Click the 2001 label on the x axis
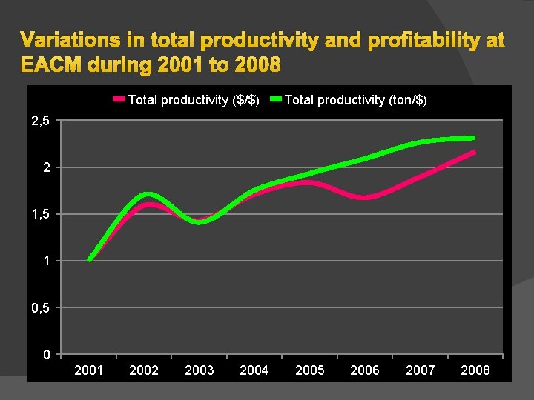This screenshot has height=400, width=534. (89, 370)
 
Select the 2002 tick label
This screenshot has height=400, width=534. (144, 370)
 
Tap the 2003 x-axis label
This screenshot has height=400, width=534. (199, 370)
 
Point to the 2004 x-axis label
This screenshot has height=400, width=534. (254, 370)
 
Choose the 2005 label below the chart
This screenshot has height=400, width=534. (310, 370)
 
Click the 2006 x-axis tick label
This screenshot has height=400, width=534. (365, 370)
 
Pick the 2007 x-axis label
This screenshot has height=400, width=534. (421, 370)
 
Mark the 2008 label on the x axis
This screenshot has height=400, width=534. (475, 370)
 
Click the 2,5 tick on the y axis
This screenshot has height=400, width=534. (41, 121)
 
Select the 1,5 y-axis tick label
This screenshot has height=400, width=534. (41, 214)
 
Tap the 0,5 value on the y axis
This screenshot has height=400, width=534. (41, 307)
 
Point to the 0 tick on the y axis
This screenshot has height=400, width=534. (46, 354)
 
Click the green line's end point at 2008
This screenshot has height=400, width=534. (473, 138)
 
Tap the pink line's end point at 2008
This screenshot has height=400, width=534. (473, 153)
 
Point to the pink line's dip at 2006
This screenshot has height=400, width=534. (365, 198)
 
